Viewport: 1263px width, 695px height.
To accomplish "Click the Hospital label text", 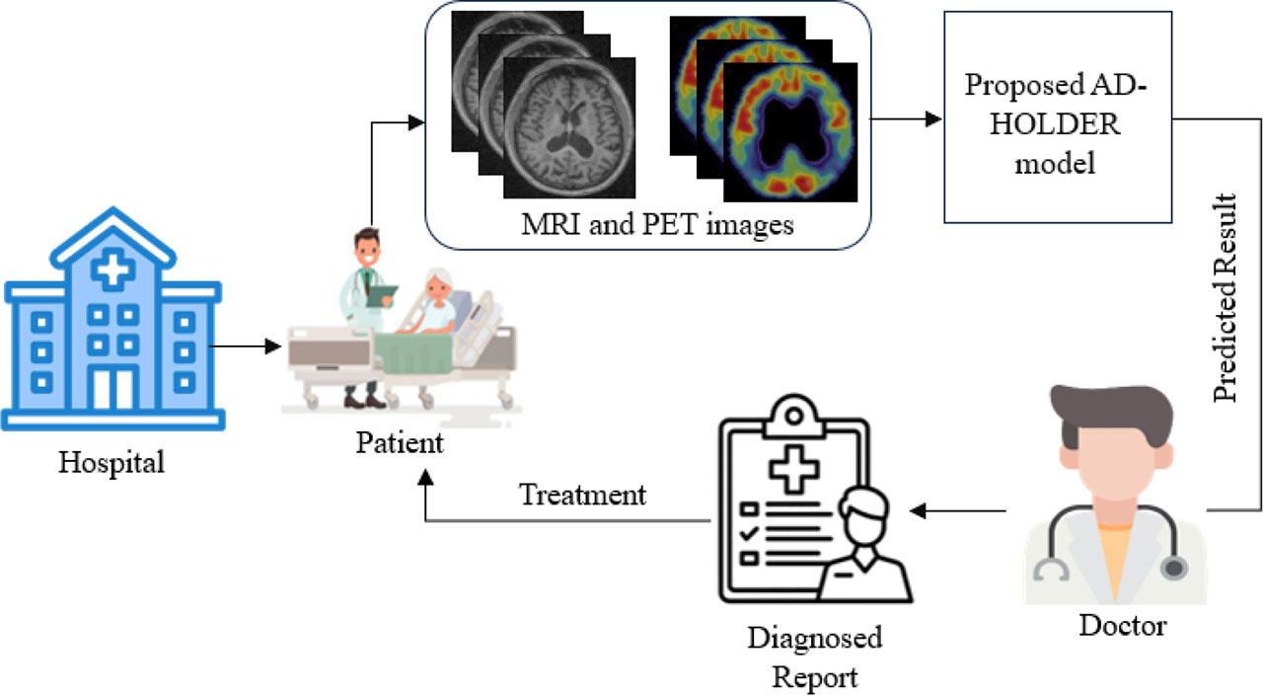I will coord(111,462).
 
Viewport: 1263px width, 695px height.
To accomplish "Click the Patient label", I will coord(400,442).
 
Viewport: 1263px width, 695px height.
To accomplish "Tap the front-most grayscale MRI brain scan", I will coord(568,126).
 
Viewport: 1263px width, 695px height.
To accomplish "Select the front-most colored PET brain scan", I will coord(789,133).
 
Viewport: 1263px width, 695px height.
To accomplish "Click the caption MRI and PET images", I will coord(657,225).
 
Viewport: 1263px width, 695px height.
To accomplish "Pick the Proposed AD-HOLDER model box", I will coord(1057,116).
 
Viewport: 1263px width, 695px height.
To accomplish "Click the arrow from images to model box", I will coord(906,119).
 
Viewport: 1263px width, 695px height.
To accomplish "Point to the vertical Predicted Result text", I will coord(1225,298).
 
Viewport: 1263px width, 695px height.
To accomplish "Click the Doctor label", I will coord(1122,625).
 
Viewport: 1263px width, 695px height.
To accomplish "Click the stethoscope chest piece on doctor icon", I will coord(1173,569).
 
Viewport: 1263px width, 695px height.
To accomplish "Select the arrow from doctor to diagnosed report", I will coord(957,510).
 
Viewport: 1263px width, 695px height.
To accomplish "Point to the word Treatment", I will coord(582,494).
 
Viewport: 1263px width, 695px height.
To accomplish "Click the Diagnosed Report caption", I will coord(814,657).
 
